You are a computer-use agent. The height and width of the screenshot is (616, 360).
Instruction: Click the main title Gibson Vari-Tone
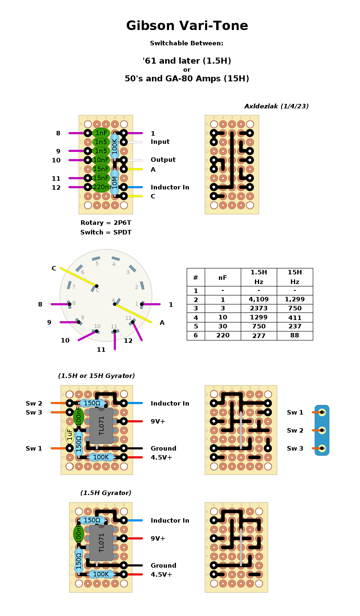187,26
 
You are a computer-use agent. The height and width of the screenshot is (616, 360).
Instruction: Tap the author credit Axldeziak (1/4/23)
276,106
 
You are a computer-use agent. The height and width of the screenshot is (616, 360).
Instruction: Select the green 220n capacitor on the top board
101,187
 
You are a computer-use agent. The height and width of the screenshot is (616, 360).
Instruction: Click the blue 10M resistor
115,182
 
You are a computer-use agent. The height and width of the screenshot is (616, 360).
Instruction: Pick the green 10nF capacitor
101,160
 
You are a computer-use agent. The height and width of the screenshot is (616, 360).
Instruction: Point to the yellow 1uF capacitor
70,434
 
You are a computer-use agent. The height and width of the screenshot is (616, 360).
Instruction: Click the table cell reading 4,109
259,299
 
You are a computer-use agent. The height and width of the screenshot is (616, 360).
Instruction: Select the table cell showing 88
295,335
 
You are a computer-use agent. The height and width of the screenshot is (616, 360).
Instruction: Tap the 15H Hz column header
295,277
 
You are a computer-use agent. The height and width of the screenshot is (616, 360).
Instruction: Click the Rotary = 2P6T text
106,223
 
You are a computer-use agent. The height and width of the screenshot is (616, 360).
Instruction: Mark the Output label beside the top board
163,160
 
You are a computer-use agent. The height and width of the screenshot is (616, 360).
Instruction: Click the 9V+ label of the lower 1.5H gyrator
158,538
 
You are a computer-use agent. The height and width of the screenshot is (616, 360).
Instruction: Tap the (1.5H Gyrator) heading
106,493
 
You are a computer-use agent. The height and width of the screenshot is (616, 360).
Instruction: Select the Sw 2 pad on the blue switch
322,430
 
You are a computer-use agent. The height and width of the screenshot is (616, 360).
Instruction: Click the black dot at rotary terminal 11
115,331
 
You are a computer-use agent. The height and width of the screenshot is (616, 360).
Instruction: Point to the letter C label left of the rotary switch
54,268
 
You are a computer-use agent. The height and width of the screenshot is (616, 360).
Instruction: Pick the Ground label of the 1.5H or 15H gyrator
163,448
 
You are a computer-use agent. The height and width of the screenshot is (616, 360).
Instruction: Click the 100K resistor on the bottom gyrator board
101,574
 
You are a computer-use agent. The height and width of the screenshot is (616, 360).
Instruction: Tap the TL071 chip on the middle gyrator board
101,425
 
